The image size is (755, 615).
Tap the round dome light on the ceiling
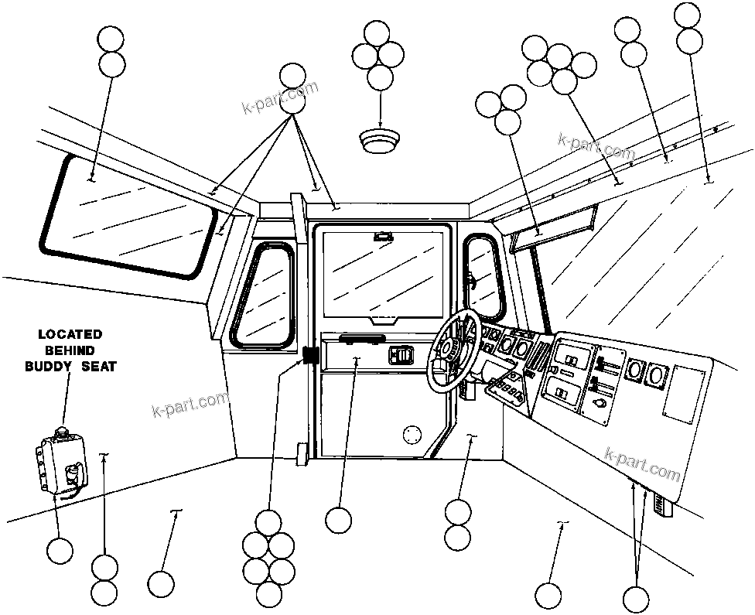379,140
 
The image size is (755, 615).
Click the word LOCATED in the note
70,335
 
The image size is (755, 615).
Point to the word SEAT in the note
99,367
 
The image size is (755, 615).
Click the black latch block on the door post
311,356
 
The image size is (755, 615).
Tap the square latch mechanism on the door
401,355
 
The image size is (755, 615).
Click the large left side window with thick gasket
128,217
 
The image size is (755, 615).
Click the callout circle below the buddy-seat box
60,551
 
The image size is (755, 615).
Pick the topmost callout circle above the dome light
377,33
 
